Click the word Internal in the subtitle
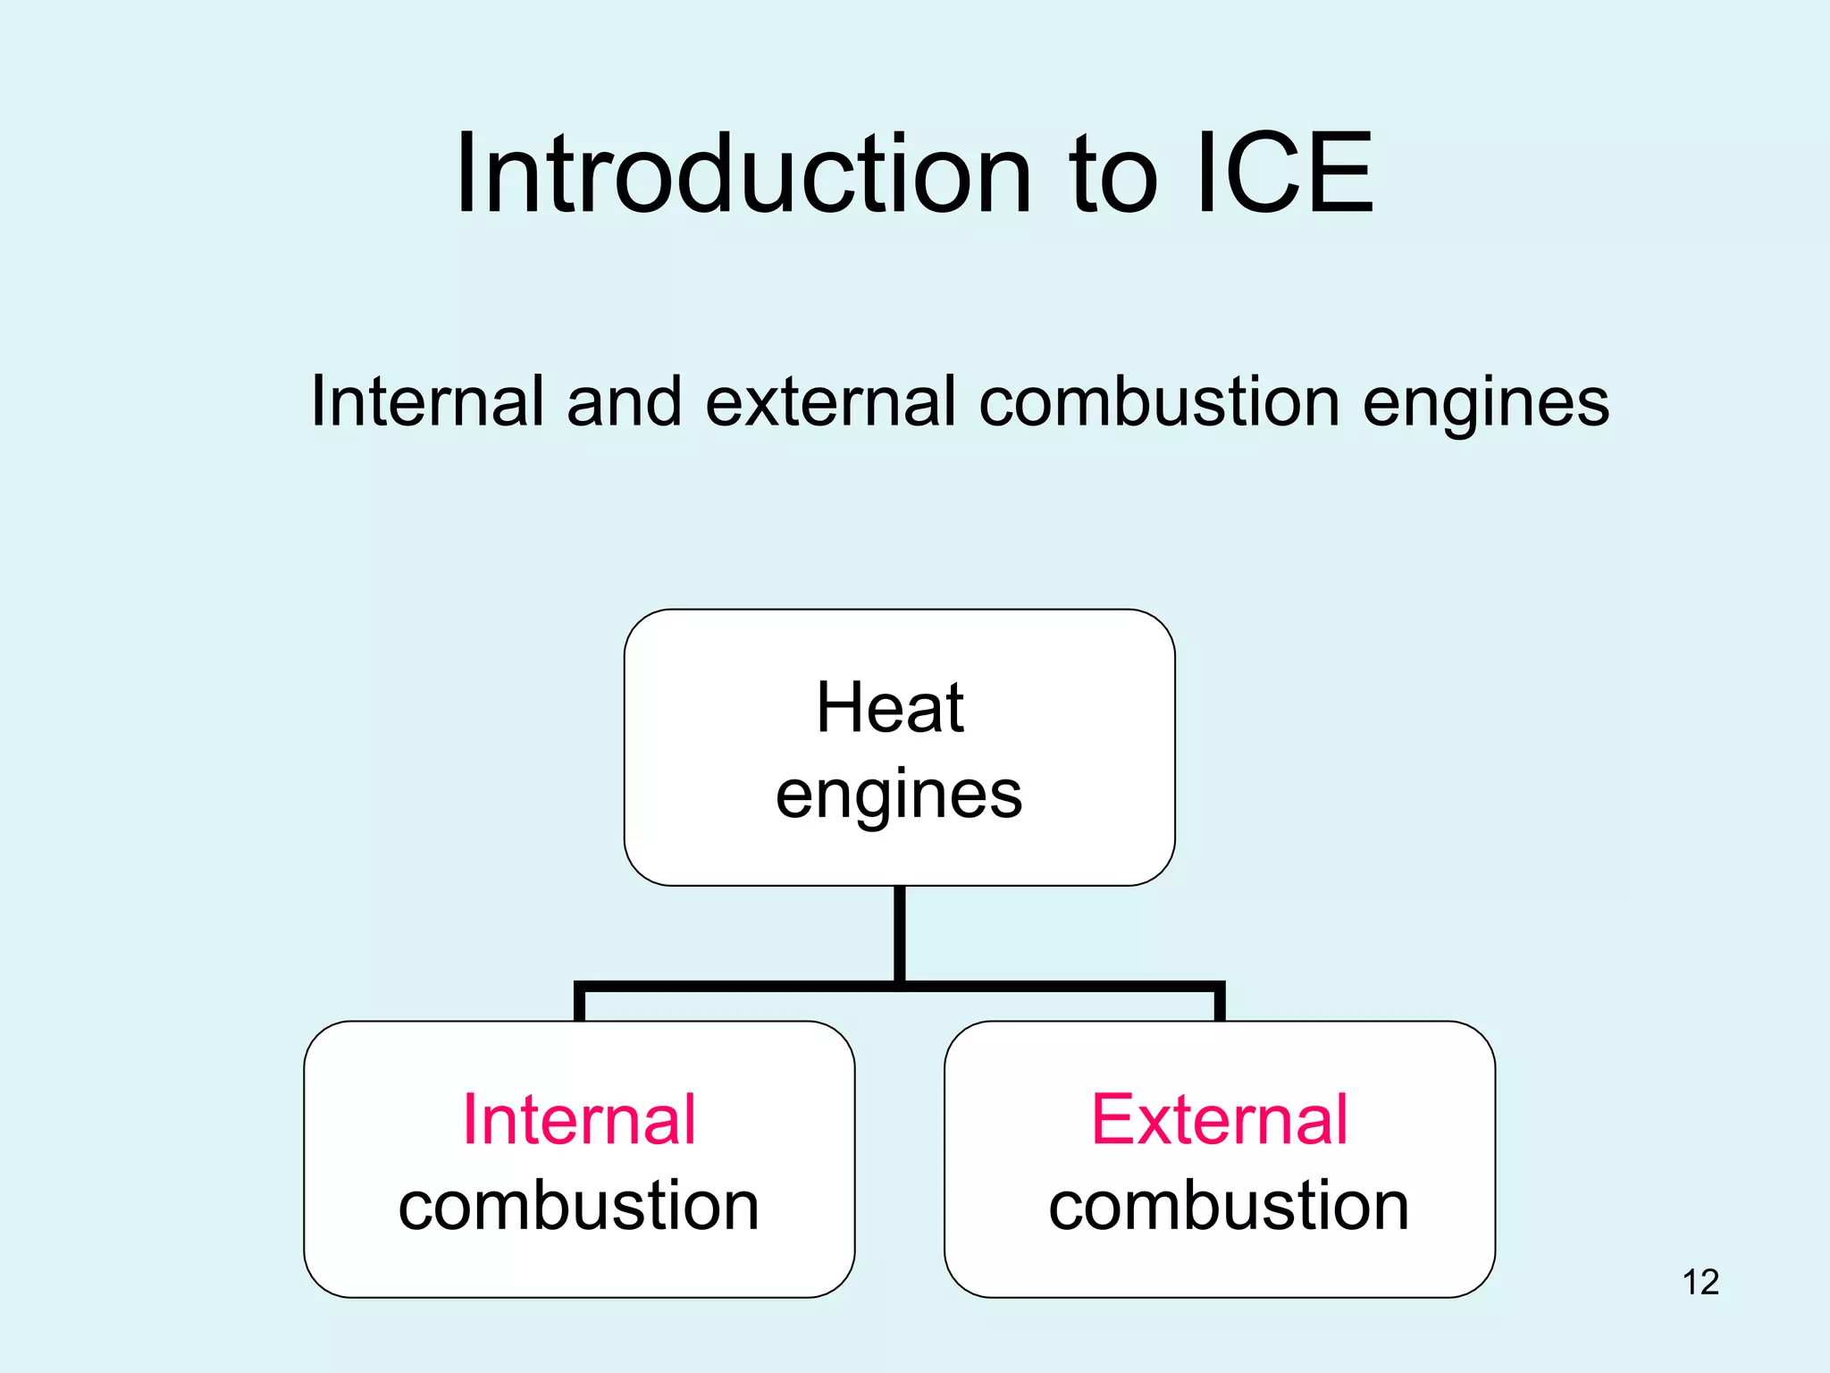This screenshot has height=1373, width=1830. (427, 401)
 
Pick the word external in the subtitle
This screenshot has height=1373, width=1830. (830, 401)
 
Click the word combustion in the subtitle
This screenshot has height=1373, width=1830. (1159, 401)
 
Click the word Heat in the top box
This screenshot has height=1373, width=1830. (890, 708)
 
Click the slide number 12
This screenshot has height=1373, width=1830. (1700, 1283)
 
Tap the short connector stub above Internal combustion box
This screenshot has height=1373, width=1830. (580, 1005)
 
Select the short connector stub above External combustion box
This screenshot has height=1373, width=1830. (1220, 1005)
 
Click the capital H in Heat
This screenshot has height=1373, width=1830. (836, 708)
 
